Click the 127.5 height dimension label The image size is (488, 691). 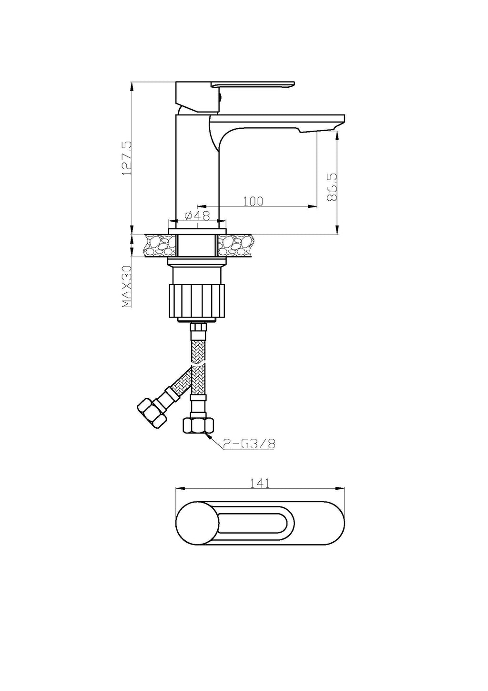click(127, 158)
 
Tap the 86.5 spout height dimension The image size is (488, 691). click(332, 187)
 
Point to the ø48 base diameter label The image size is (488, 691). click(197, 216)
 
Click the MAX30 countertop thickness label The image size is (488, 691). click(127, 287)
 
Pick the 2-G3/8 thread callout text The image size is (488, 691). click(249, 443)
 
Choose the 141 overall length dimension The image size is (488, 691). click(260, 483)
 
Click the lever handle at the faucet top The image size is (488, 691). click(253, 84)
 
